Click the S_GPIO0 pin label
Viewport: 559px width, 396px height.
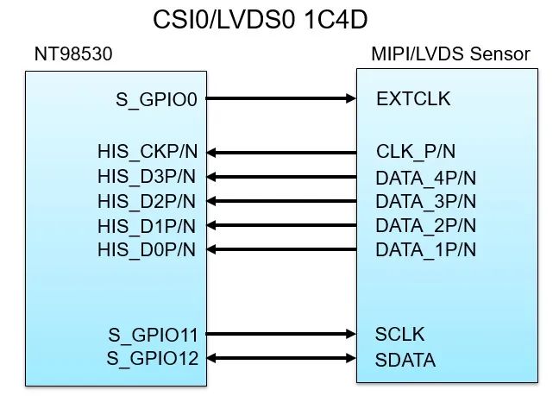[156, 99]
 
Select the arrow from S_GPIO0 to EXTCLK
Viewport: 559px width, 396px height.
[282, 98]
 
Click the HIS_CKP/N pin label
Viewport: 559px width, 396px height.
[147, 153]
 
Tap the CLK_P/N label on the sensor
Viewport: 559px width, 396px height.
[416, 153]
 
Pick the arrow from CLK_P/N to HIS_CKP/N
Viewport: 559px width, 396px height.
[282, 153]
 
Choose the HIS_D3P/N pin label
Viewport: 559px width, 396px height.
[147, 178]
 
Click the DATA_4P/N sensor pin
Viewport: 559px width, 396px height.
[425, 178]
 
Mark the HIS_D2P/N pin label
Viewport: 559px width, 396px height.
[147, 202]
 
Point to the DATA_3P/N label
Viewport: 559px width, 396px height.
[425, 202]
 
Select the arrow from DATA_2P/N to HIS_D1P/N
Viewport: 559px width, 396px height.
[282, 226]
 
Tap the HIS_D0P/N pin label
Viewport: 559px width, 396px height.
[147, 250]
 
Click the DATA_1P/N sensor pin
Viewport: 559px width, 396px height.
[425, 250]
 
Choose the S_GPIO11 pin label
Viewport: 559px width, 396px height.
[153, 334]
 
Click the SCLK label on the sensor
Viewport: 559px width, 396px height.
[399, 334]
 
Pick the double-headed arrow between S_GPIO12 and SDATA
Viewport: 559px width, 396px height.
[282, 357]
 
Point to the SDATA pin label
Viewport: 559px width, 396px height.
[405, 358]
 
